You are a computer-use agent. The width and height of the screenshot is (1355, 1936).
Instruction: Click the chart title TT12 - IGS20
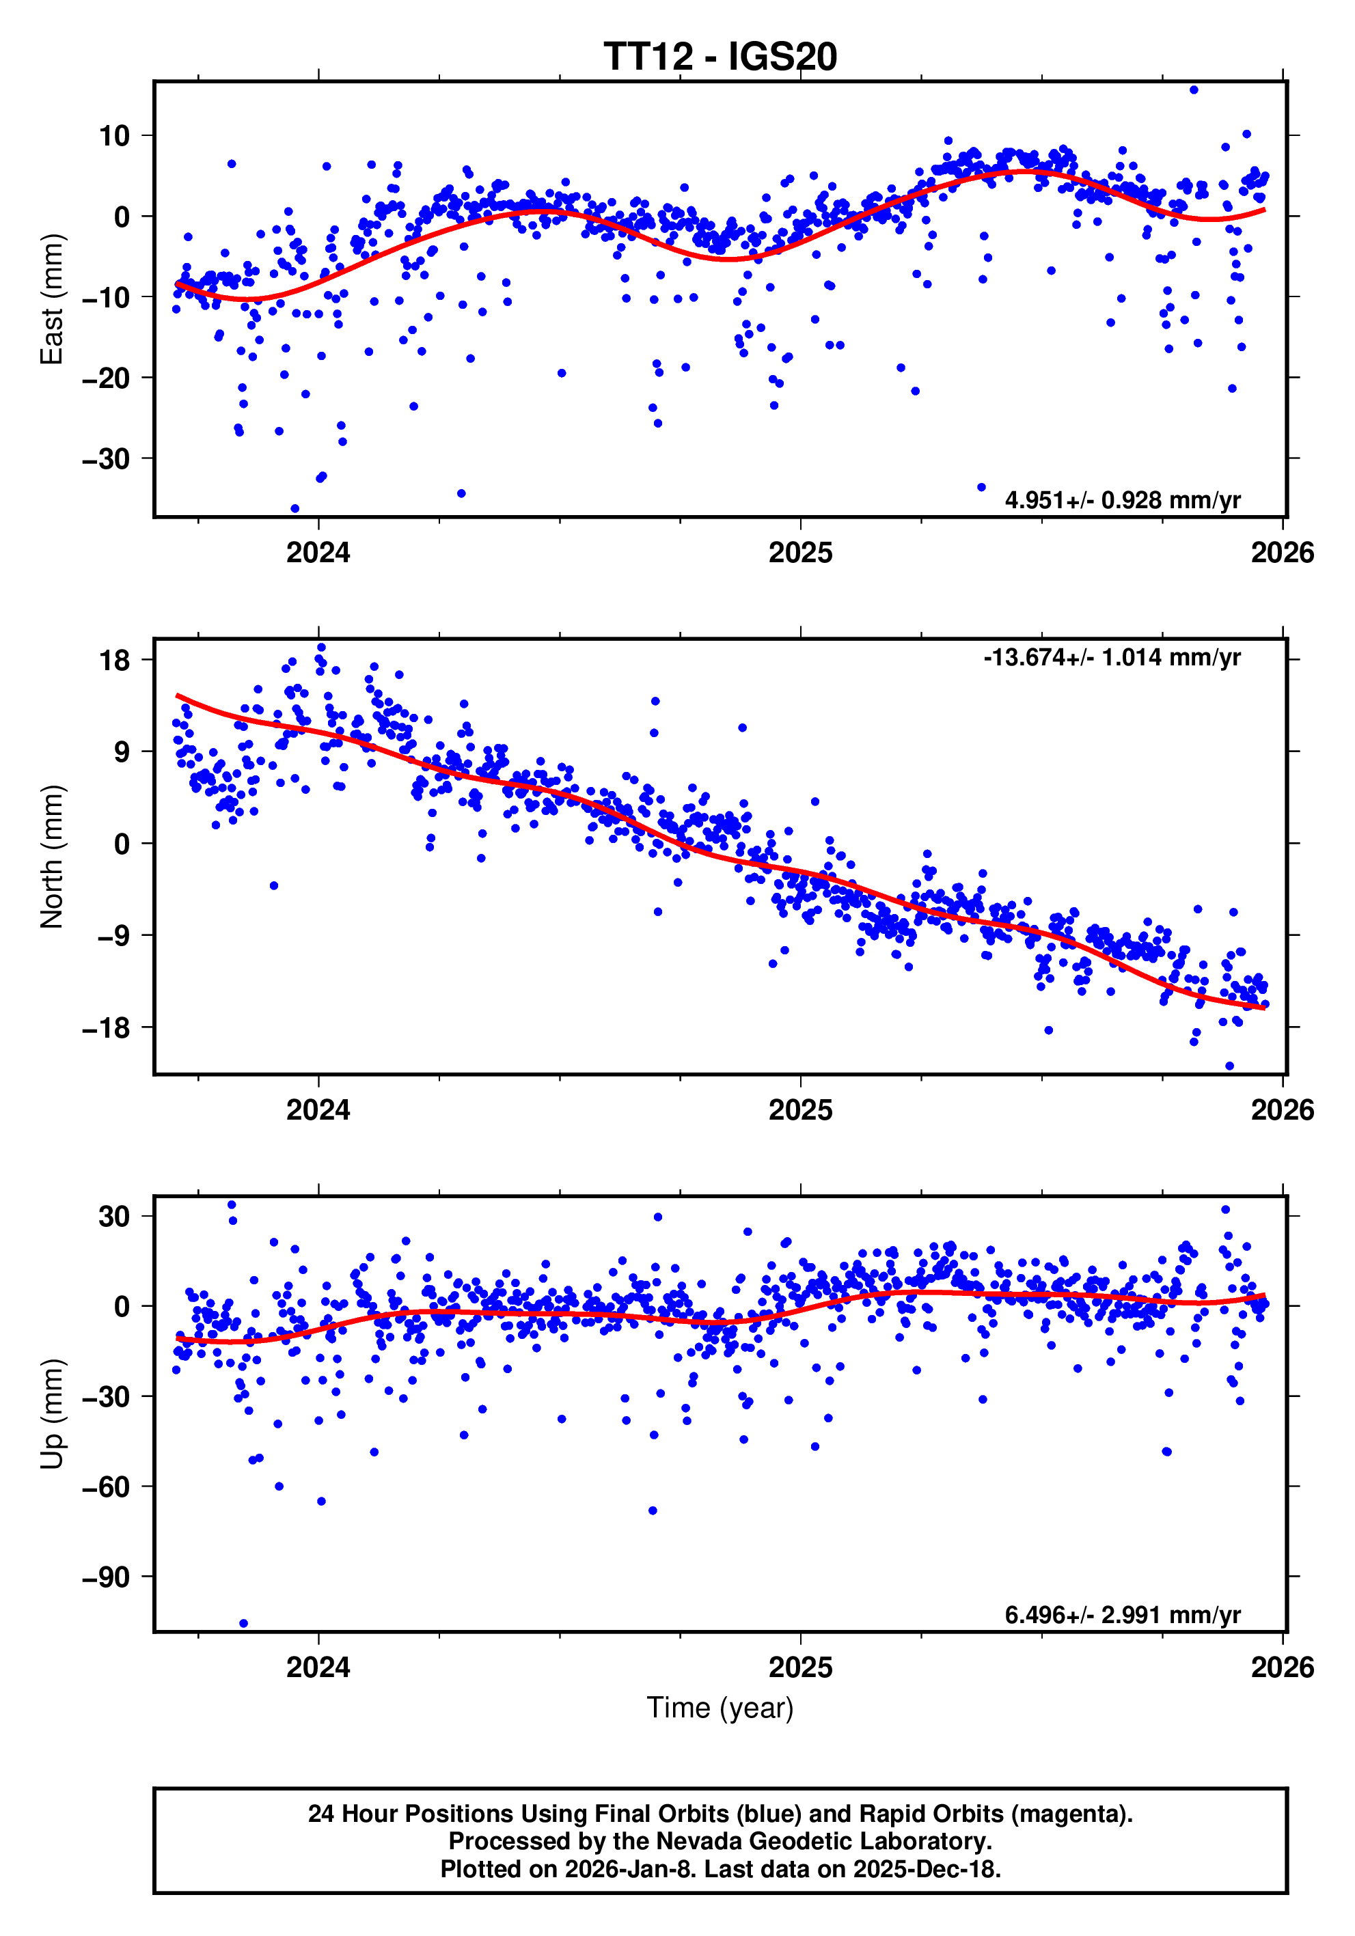[720, 57]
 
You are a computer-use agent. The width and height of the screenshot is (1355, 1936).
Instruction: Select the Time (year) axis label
[720, 1707]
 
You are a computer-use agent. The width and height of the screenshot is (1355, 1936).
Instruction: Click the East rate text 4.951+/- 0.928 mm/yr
[1121, 500]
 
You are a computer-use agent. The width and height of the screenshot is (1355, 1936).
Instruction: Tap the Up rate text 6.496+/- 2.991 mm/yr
[1121, 1615]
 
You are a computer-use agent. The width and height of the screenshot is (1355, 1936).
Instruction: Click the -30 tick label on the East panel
[106, 458]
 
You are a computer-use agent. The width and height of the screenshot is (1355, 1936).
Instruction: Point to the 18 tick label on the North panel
[115, 659]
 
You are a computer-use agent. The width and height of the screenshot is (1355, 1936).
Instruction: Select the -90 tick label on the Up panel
[106, 1577]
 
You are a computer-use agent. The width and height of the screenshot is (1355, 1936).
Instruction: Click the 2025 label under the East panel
[799, 553]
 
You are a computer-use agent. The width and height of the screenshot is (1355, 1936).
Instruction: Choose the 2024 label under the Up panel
[318, 1668]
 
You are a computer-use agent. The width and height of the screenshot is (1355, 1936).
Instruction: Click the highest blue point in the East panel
[1193, 90]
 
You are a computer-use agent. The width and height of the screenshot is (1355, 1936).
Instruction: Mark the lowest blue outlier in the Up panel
[244, 1623]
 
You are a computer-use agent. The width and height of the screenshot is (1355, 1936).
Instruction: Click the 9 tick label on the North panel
[122, 751]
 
